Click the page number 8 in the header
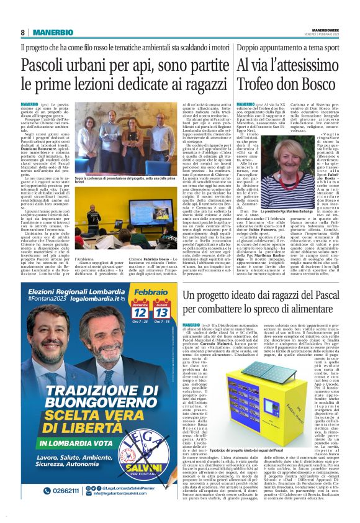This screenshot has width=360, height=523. tap(22, 32)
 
